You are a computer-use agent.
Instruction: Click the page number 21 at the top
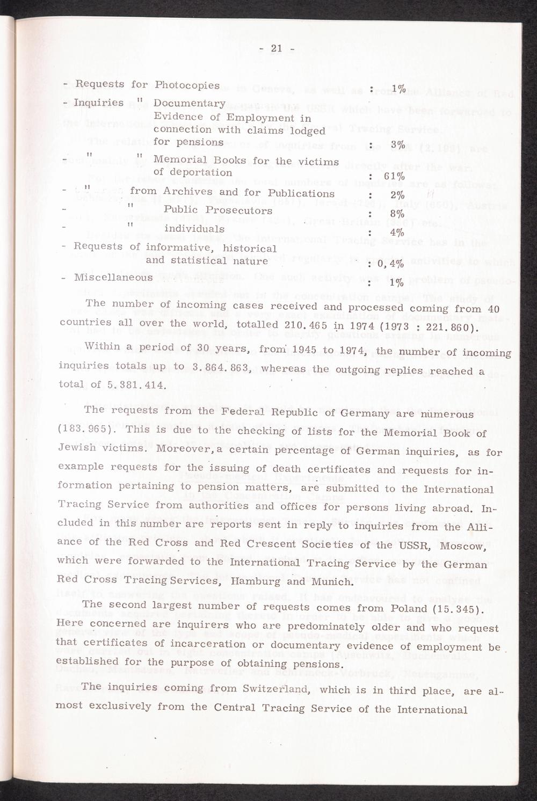(x=277, y=49)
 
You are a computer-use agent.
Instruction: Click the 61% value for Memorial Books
(x=394, y=178)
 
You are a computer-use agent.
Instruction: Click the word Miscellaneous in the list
(x=113, y=278)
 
